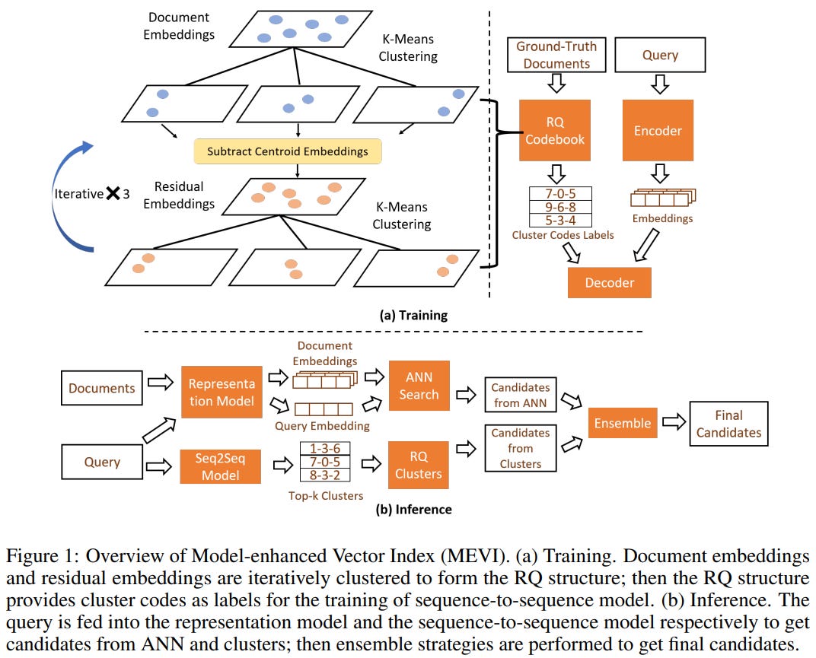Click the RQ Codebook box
click(x=555, y=130)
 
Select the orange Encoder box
click(x=658, y=130)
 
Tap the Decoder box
click(x=609, y=282)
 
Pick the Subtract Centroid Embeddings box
click(x=287, y=151)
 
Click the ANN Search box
click(x=419, y=386)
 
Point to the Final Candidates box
click(x=728, y=424)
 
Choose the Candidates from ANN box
click(x=521, y=395)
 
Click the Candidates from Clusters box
click(x=521, y=447)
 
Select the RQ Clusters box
click(x=419, y=465)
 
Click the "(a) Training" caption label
click(x=413, y=314)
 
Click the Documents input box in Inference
click(x=101, y=388)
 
